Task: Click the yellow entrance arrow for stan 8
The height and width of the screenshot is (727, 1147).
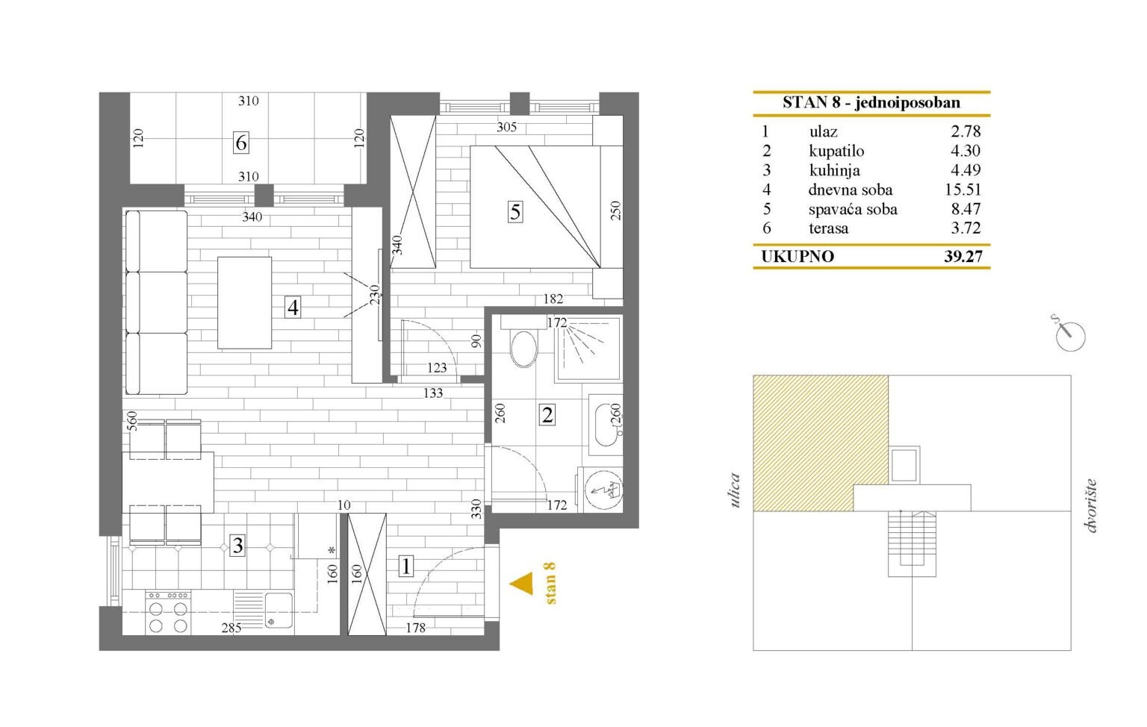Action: point(521,584)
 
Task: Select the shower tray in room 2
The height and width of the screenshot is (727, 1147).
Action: point(588,349)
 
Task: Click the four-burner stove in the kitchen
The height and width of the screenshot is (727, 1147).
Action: point(168,612)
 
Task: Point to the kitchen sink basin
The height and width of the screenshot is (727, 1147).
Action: point(278,611)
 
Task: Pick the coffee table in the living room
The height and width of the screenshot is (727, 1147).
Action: point(245,303)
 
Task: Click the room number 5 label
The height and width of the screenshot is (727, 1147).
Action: point(515,211)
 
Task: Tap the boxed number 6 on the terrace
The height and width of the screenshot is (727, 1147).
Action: point(240,143)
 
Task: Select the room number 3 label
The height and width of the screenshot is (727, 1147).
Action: point(237,546)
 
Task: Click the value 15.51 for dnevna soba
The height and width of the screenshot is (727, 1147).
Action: point(963,190)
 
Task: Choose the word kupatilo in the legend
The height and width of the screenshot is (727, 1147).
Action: point(836,151)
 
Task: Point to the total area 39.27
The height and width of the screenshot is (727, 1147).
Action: point(963,257)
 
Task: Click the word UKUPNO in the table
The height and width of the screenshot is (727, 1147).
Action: point(798,257)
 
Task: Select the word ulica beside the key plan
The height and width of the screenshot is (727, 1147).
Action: point(736,490)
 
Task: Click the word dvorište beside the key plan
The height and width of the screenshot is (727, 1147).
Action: point(1091,506)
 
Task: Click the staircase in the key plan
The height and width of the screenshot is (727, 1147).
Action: point(912,543)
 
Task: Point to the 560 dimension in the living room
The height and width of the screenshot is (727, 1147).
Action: point(132,422)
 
